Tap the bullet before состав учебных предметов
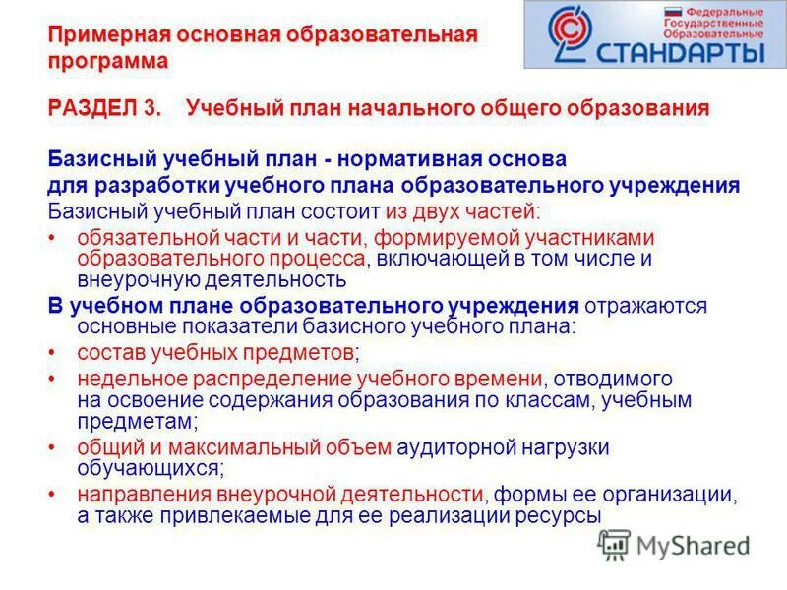click(x=52, y=352)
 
